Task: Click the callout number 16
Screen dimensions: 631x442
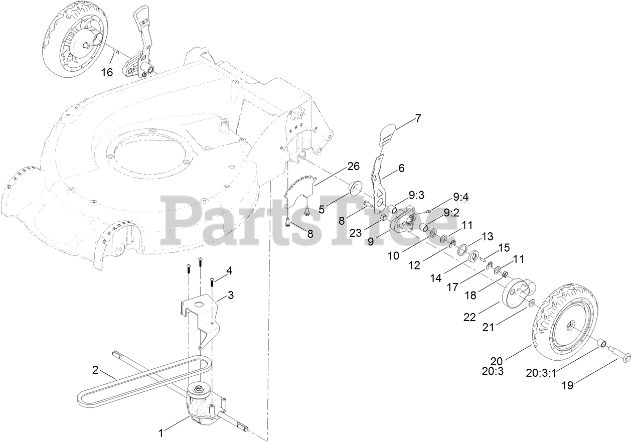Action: click(x=107, y=72)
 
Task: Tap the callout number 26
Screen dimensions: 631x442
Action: click(x=353, y=166)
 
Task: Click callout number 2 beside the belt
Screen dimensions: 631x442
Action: click(x=95, y=371)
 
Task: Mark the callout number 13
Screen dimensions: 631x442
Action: click(x=488, y=236)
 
